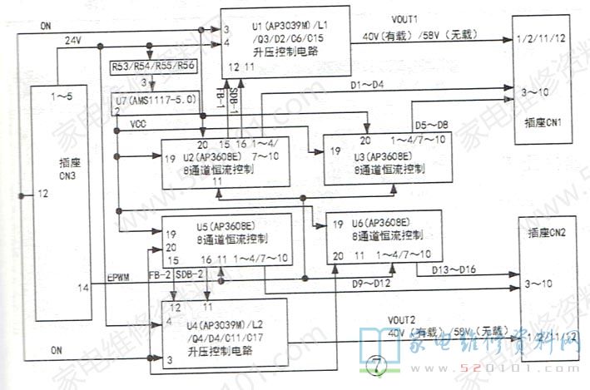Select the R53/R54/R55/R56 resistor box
coord(152,66)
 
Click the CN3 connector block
coord(60,204)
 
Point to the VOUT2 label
coord(401,318)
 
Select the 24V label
coord(73,41)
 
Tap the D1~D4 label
coord(367,86)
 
